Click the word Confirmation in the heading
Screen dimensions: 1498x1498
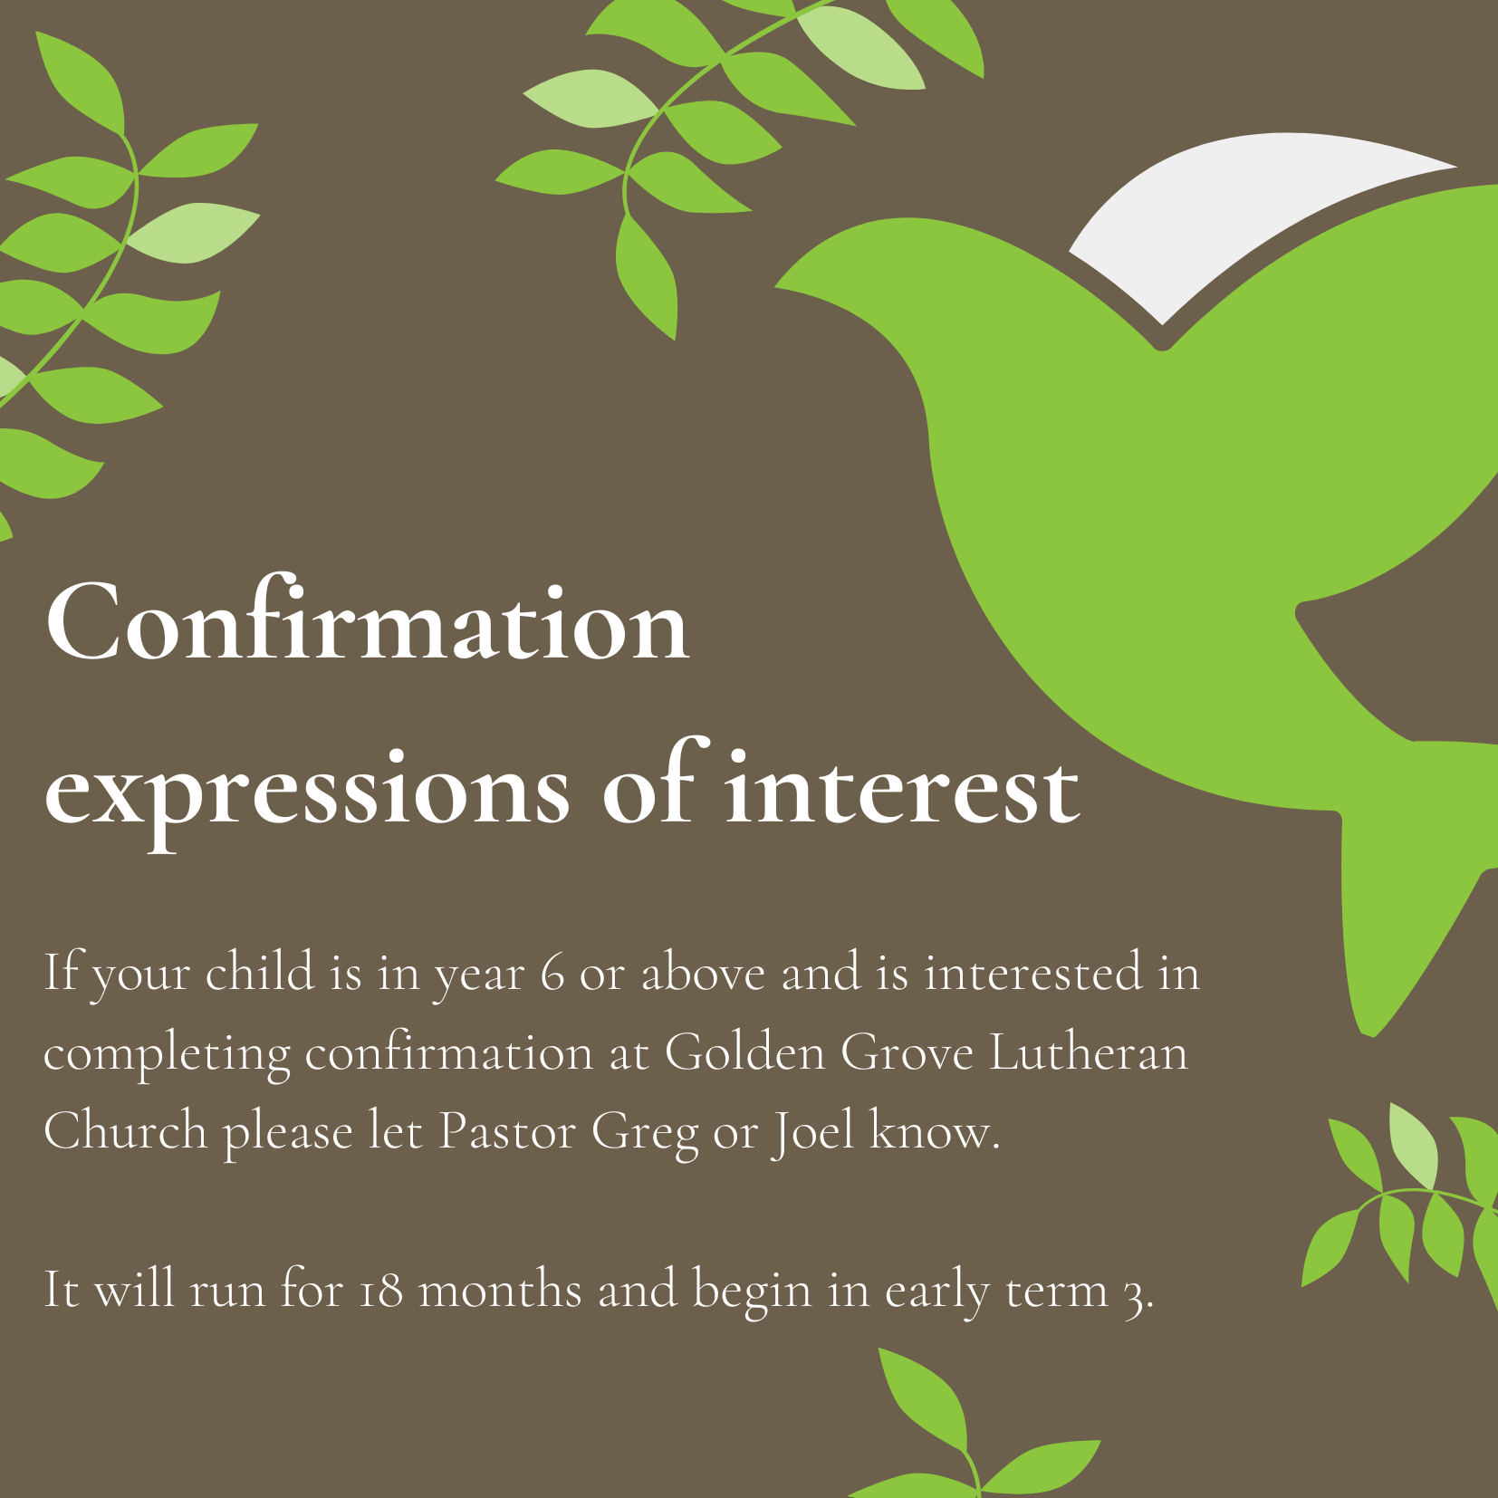367,621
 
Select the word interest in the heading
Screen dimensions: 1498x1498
902,785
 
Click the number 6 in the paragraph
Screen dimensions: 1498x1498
553,974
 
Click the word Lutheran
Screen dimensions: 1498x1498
1088,1052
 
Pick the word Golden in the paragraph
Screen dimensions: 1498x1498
745,1052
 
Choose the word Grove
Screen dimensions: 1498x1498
907,1053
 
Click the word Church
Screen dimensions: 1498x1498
126,1131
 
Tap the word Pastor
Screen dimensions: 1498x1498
507,1132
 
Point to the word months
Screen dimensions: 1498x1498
500,1290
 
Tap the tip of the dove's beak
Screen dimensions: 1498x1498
775,287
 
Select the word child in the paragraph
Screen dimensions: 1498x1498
260,972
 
